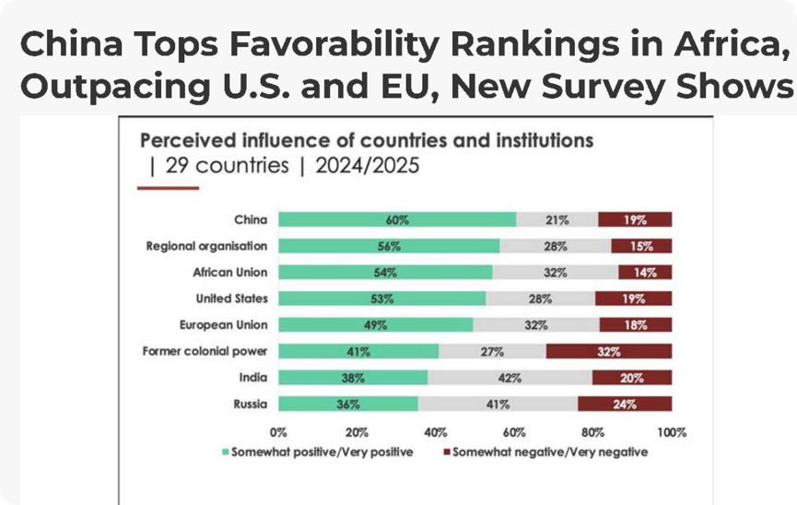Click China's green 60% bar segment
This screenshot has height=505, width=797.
point(397,219)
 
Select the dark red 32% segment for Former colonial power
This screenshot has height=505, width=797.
point(609,351)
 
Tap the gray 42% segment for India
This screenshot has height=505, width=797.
point(510,378)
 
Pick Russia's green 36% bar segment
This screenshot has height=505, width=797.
point(348,405)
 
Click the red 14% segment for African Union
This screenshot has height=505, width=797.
point(645,273)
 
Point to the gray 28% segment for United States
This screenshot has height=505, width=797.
point(540,299)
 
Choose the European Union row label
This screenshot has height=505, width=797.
point(223,325)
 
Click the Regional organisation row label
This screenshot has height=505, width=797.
point(206,246)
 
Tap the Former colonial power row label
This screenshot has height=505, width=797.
point(205,351)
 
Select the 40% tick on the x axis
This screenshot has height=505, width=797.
point(436,433)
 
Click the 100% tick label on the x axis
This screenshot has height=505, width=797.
point(672,433)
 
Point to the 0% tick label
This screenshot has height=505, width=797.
point(278,433)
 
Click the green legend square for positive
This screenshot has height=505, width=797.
point(226,452)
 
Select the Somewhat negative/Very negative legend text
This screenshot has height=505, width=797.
point(550,452)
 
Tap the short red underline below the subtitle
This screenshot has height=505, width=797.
point(169,188)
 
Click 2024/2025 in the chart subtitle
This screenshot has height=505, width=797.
point(367,166)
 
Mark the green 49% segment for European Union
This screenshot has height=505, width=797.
point(376,325)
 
